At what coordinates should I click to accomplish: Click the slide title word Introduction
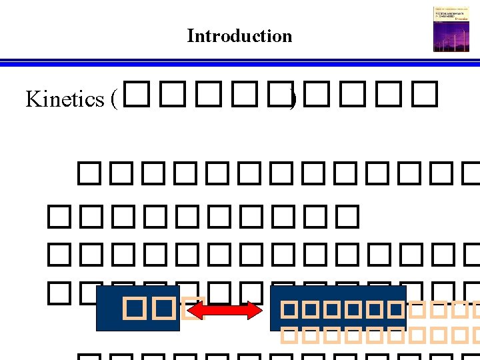click(239, 36)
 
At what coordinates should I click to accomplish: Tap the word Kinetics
click(65, 99)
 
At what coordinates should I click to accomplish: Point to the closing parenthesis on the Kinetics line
click(291, 99)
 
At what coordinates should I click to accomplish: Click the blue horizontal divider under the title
click(240, 63)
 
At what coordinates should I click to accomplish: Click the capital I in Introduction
click(190, 36)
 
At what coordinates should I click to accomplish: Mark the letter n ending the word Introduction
click(287, 37)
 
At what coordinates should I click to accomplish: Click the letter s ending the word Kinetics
click(101, 100)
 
